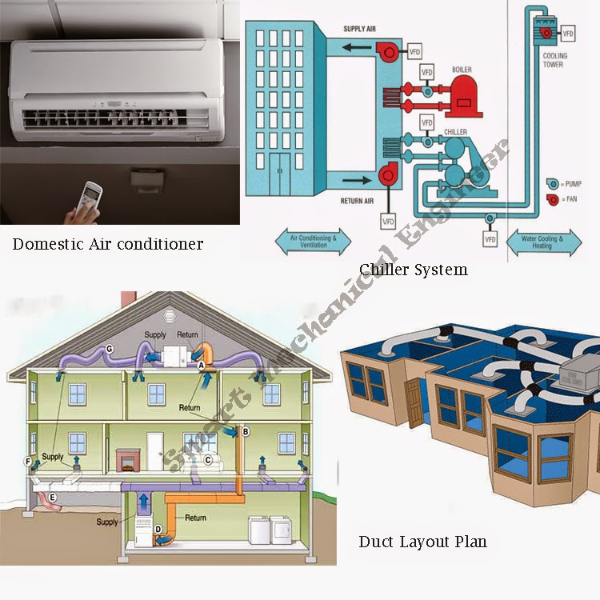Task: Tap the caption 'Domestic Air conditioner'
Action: pyautogui.click(x=108, y=243)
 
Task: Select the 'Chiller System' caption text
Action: pyautogui.click(x=413, y=270)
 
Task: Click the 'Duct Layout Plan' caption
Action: pyautogui.click(x=422, y=542)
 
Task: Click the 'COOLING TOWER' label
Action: pyautogui.click(x=554, y=60)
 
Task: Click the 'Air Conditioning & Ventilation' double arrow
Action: pyautogui.click(x=313, y=241)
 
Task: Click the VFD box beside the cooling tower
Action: pyautogui.click(x=568, y=34)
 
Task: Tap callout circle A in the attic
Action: pyautogui.click(x=202, y=365)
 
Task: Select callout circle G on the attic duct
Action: pyautogui.click(x=109, y=348)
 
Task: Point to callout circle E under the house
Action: pyautogui.click(x=53, y=497)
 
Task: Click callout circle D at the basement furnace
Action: pyautogui.click(x=158, y=529)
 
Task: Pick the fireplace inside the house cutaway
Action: pyautogui.click(x=127, y=459)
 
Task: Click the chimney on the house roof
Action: pyautogui.click(x=128, y=298)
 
